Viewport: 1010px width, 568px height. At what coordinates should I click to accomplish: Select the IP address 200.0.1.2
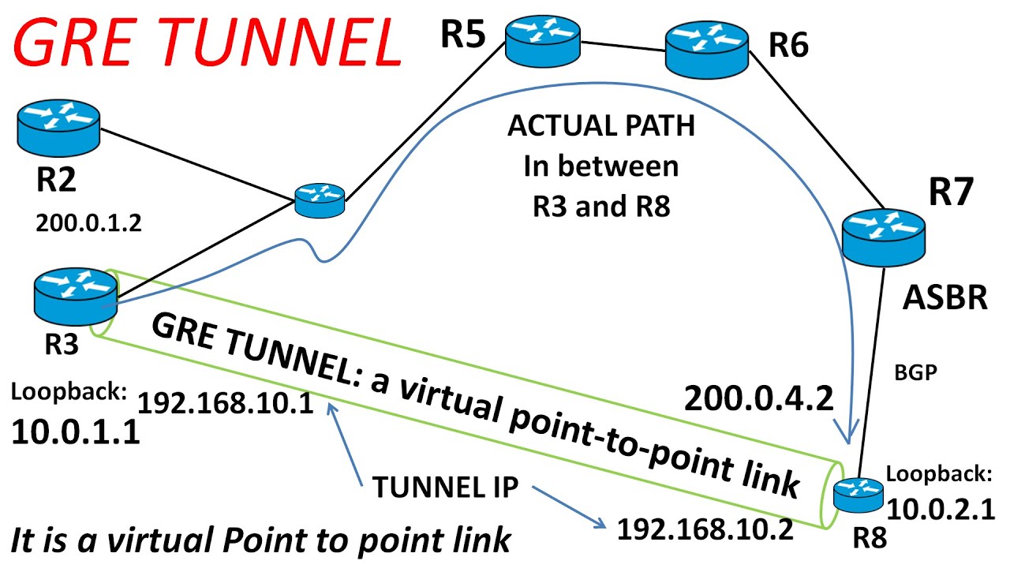pos(88,223)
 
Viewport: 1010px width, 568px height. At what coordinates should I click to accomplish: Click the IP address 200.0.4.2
pos(759,399)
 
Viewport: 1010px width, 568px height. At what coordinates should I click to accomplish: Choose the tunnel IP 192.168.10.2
pos(705,529)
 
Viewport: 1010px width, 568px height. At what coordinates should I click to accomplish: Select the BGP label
pos(915,372)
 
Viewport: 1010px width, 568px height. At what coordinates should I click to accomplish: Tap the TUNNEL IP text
pos(445,488)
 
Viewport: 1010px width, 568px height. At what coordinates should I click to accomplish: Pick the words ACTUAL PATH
pos(601,126)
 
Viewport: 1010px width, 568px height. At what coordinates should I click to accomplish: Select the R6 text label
pos(789,47)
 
